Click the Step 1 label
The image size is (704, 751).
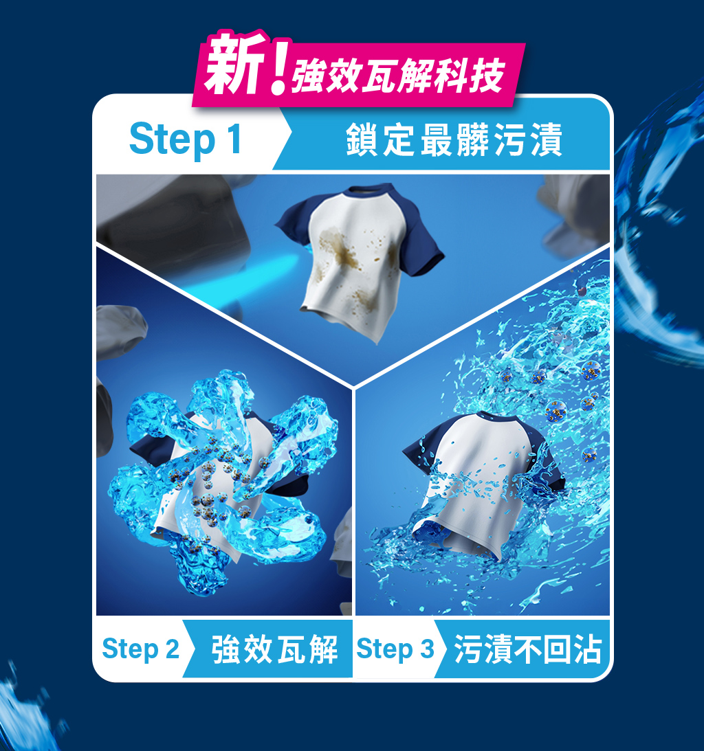pos(186,139)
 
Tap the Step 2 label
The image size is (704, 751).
pos(140,649)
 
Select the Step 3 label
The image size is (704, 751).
pos(395,649)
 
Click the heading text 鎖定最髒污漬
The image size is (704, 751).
pos(454,139)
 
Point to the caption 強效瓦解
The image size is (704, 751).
pos(274,649)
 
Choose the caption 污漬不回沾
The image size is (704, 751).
pos(527,649)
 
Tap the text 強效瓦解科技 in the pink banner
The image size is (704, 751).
pos(398,76)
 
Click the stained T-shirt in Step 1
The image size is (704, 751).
pos(357,261)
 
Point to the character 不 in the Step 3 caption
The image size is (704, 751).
pos(527,649)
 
